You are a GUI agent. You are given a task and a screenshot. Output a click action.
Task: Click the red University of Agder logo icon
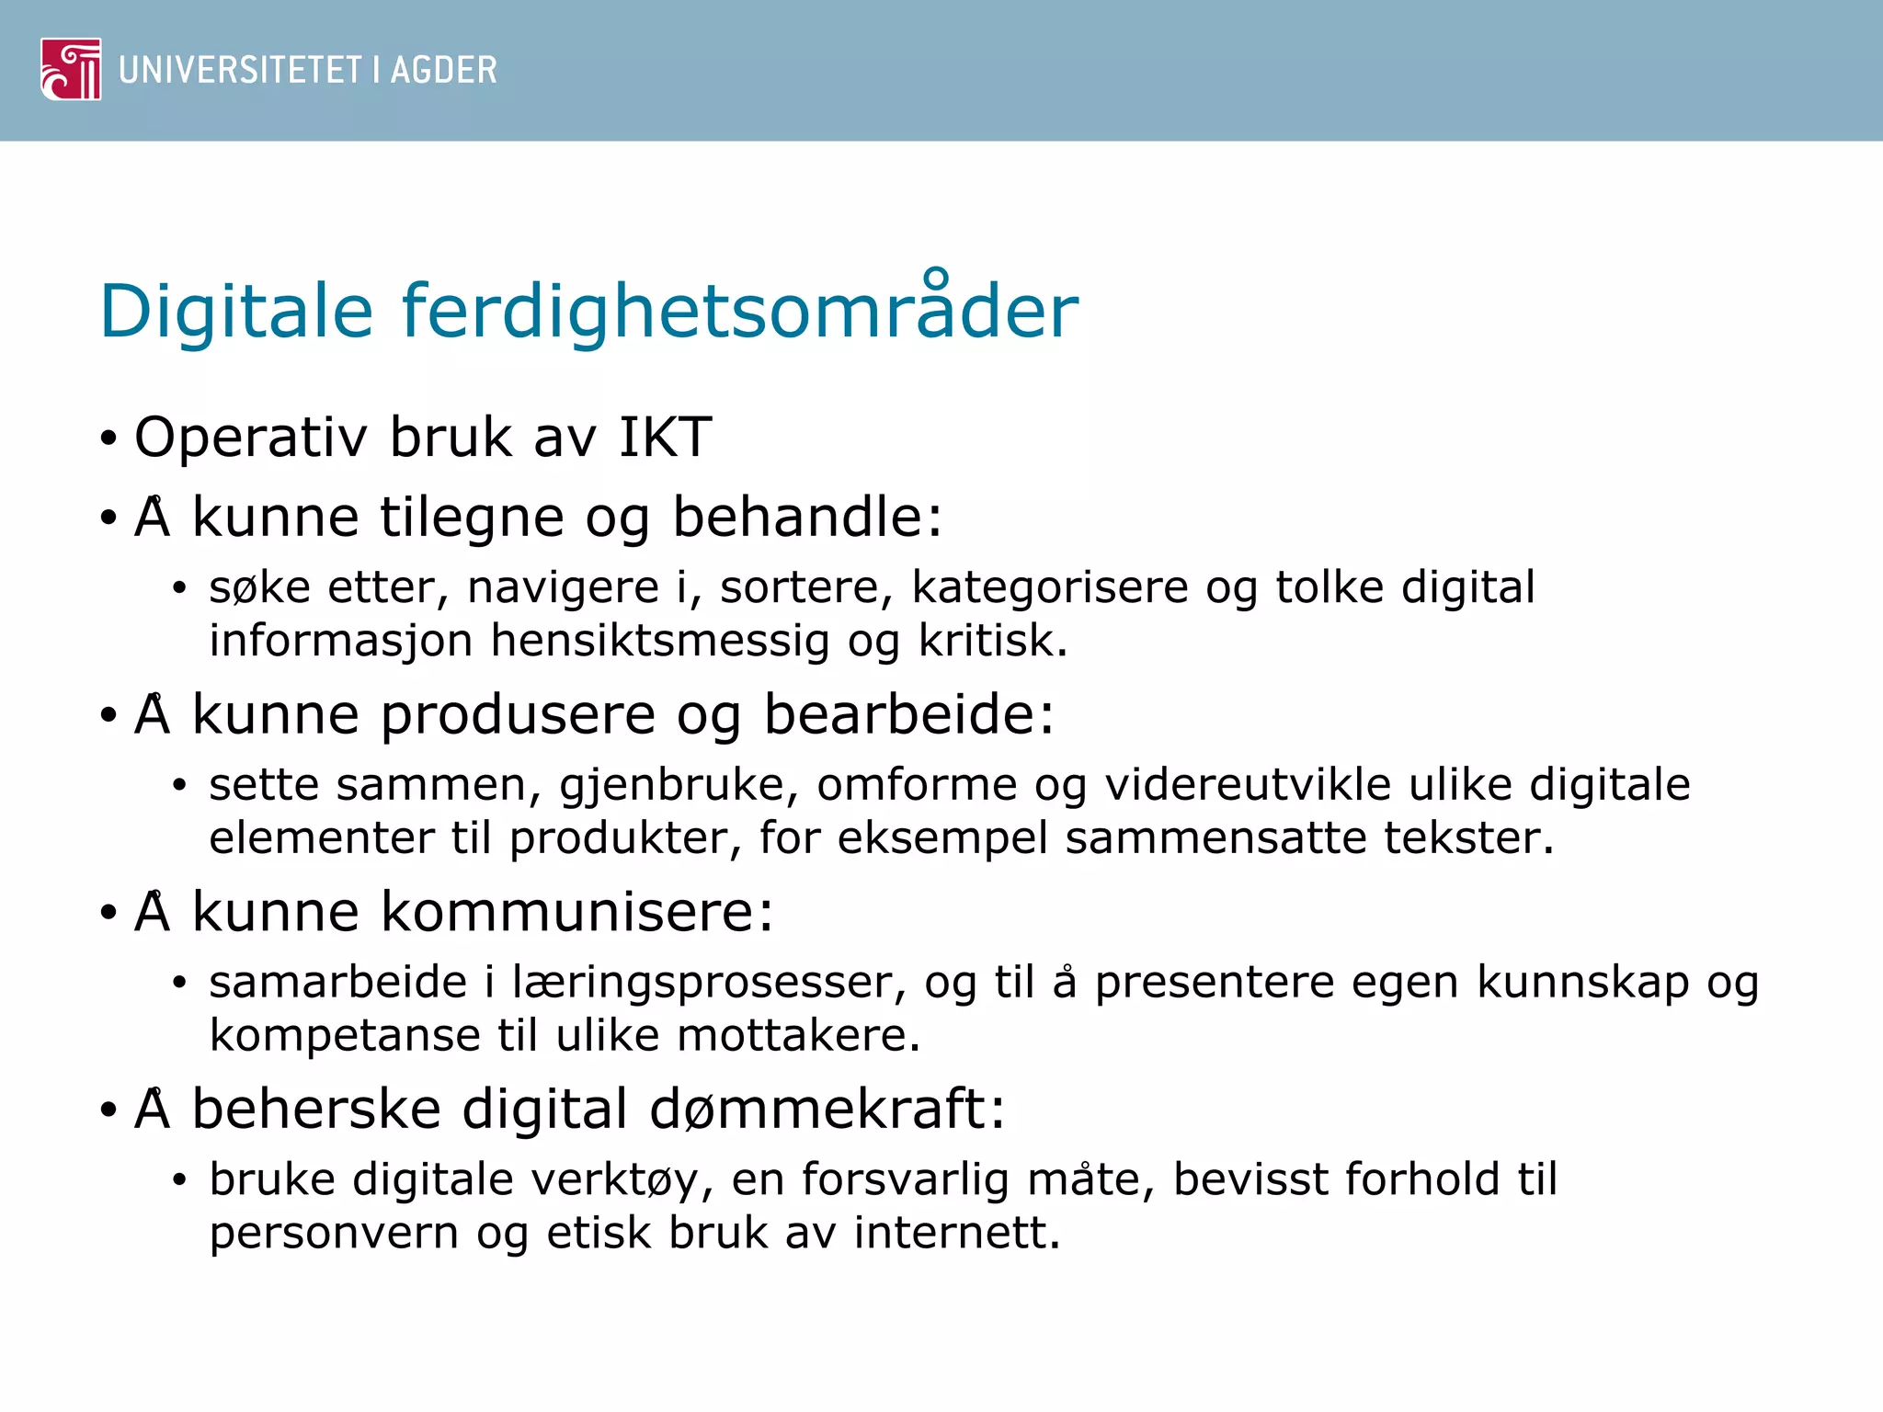(x=71, y=69)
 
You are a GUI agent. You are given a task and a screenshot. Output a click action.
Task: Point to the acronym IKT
(x=665, y=437)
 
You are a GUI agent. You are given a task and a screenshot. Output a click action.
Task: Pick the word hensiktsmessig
(x=659, y=642)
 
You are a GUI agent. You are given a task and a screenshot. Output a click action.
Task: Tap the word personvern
(x=334, y=1234)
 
